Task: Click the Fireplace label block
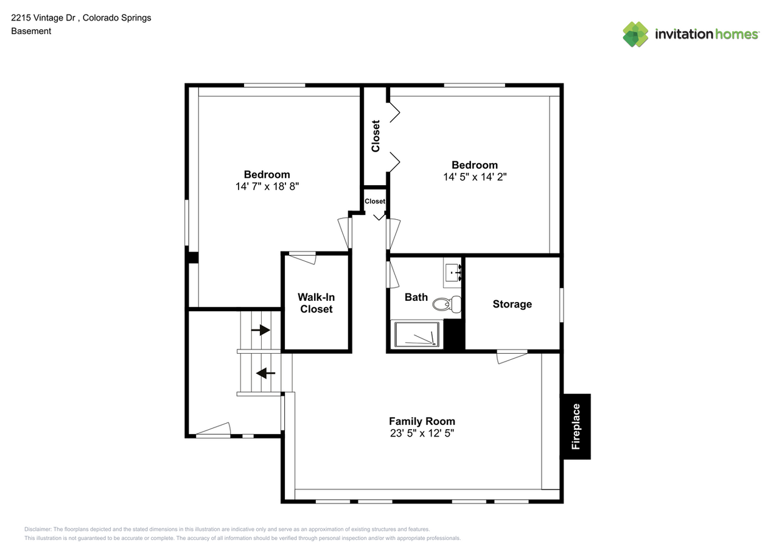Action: point(576,426)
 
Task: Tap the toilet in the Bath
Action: point(447,304)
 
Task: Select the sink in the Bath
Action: point(453,273)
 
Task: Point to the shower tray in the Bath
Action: point(417,334)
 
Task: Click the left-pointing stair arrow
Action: point(266,373)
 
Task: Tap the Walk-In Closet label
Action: point(316,303)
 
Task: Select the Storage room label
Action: point(512,304)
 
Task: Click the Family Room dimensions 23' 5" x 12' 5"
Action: point(422,433)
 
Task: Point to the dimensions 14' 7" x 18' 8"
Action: point(267,186)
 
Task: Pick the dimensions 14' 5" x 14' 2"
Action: point(475,177)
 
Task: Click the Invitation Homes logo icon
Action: point(635,35)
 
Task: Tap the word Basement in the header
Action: point(31,31)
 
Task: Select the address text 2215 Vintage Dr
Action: point(43,18)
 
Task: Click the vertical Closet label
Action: point(376,136)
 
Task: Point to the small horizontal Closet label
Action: point(374,202)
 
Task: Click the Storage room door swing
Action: point(512,357)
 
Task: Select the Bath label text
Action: point(416,297)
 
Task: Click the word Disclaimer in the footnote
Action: point(38,529)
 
